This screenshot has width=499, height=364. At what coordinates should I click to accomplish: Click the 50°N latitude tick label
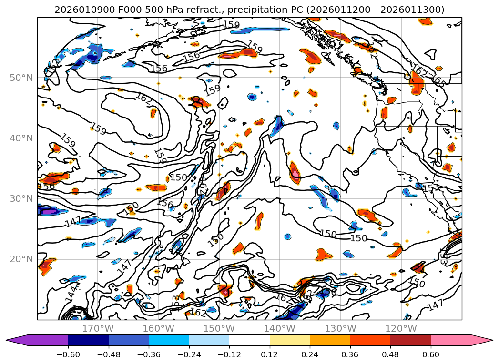pos(21,78)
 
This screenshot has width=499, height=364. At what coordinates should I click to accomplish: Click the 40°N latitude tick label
pos(21,138)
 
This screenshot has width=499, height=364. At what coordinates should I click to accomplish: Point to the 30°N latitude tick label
pos(21,198)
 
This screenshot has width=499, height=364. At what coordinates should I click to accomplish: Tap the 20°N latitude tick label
pos(21,259)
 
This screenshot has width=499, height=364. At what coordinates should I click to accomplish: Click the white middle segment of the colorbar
pos(249,340)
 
